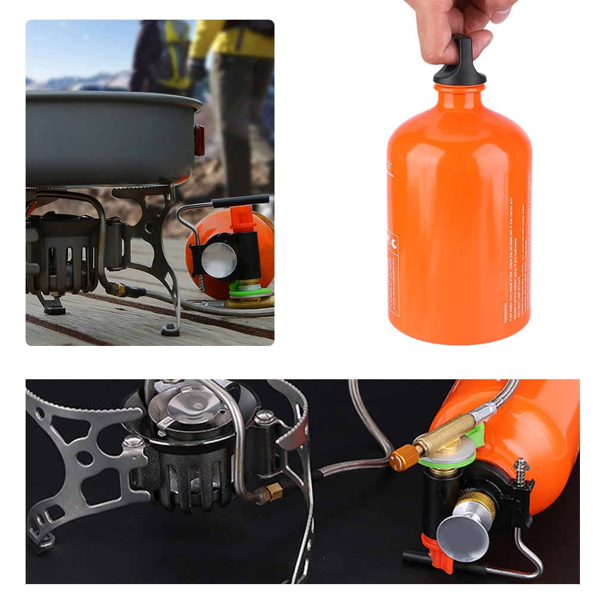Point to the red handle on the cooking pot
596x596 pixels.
(x=199, y=141)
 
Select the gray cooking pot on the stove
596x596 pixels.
(x=107, y=137)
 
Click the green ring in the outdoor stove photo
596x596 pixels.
(x=250, y=291)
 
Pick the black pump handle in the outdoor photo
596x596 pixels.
(x=241, y=201)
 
